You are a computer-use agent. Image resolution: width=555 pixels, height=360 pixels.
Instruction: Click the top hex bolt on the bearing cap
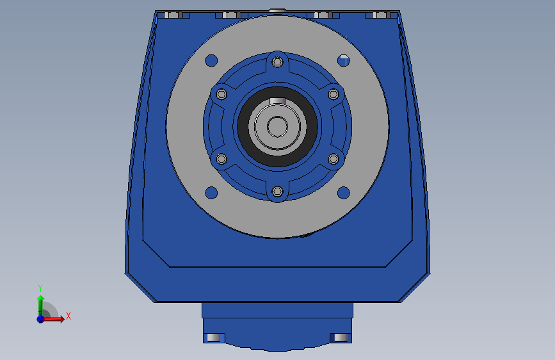coord(278,62)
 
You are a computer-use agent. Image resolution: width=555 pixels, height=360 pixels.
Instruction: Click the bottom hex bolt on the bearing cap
coord(278,192)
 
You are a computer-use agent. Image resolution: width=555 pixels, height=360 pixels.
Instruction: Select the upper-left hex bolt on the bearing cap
coord(221,94)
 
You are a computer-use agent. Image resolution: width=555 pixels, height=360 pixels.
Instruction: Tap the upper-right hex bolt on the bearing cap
coord(334,94)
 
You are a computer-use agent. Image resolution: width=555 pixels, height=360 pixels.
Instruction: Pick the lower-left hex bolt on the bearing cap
coord(221,159)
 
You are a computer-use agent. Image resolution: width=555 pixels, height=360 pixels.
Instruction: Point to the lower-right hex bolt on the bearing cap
coord(334,159)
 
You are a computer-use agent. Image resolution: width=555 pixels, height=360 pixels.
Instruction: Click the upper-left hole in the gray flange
coord(211,61)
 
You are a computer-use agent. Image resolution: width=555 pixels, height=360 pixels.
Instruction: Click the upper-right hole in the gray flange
coord(343,61)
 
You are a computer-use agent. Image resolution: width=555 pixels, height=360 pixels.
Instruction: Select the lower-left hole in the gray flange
coord(211,193)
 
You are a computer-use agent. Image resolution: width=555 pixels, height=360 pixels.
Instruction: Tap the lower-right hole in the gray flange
coord(343,193)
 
